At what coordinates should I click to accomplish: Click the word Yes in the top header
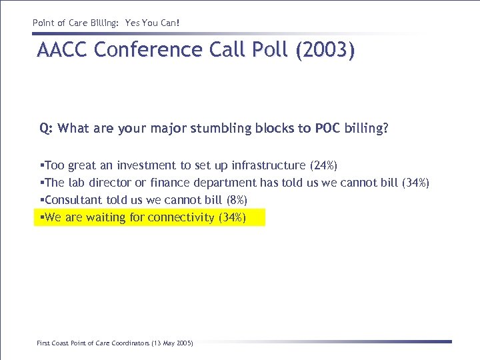click(x=133, y=23)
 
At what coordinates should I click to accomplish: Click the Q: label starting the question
click(x=46, y=129)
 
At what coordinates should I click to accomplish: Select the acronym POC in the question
click(x=327, y=129)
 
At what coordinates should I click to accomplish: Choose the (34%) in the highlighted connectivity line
click(x=232, y=217)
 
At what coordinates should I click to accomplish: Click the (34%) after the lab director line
click(x=416, y=183)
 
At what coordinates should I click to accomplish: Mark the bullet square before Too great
click(x=42, y=165)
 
